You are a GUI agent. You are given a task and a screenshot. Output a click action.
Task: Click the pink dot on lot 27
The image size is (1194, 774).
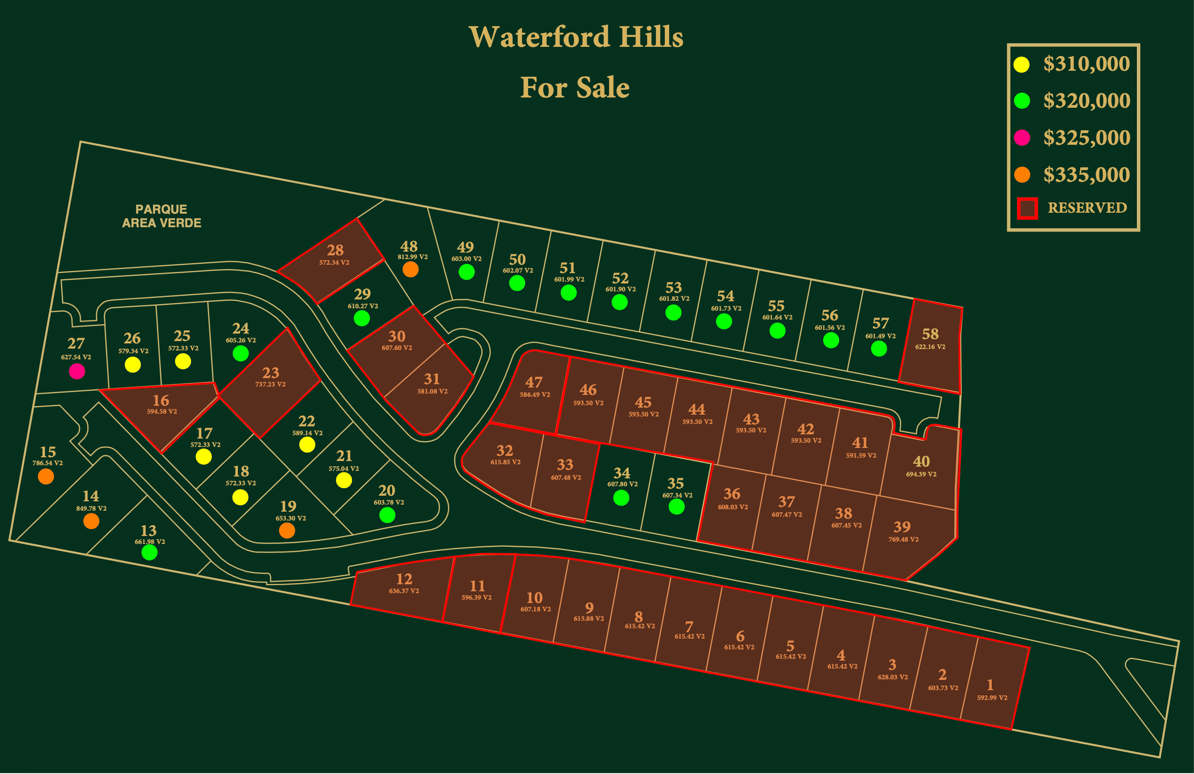(x=77, y=372)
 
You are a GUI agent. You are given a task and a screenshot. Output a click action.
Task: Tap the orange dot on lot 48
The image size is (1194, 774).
(x=410, y=269)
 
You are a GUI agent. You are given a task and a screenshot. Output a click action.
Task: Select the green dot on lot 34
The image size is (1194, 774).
(x=621, y=498)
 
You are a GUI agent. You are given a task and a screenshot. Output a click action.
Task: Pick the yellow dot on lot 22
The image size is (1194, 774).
(x=307, y=445)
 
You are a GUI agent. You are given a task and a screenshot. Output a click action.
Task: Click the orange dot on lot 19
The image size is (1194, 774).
(x=287, y=530)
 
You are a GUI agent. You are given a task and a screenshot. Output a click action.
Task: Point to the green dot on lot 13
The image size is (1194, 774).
(x=149, y=553)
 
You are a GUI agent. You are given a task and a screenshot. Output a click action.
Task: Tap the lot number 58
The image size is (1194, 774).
(x=930, y=334)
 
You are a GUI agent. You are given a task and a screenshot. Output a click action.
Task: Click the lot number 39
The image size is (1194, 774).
(x=902, y=527)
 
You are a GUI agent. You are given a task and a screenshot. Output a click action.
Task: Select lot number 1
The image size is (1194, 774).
(x=990, y=685)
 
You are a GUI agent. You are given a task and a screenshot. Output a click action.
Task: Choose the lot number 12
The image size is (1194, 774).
(x=405, y=579)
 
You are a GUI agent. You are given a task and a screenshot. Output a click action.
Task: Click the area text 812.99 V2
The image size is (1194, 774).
(x=413, y=257)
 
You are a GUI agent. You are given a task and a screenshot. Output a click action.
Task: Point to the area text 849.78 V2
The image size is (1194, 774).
(x=91, y=508)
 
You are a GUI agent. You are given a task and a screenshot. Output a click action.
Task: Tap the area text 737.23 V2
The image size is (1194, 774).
(x=271, y=385)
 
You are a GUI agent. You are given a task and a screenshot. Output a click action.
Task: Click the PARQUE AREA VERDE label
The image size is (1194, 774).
(x=162, y=216)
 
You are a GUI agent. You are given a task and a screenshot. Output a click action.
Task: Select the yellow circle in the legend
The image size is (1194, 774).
(x=1022, y=65)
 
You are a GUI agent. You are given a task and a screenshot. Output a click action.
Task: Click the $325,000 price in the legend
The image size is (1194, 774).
(x=1087, y=138)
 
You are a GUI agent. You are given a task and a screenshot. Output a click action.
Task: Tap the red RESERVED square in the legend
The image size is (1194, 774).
(x=1027, y=208)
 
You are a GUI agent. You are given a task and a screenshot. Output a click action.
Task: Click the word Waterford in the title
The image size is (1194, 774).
(x=539, y=37)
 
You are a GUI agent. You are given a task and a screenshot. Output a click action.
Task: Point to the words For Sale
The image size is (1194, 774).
(x=575, y=87)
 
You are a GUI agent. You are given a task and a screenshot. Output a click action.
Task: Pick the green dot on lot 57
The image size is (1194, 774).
(x=879, y=349)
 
